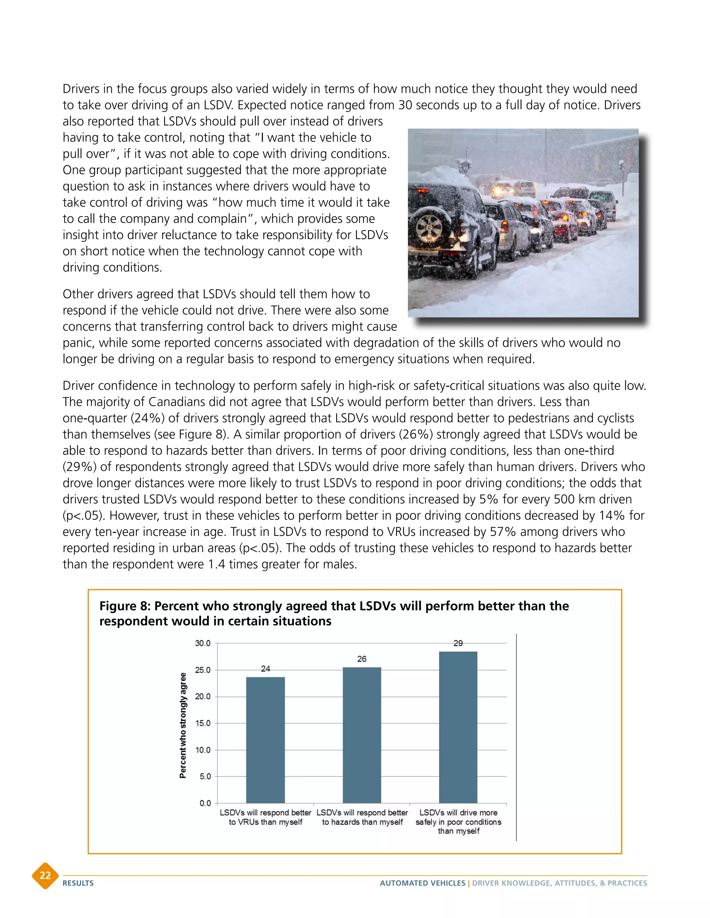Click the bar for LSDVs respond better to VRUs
pos(266,740)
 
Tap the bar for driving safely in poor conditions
pos(458,727)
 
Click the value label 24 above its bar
pos(266,669)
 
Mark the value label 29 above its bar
pos(458,643)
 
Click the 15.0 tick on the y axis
pos(202,723)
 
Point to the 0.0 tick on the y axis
pos(205,803)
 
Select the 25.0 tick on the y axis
pos(202,670)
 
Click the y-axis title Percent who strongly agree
pos(183,725)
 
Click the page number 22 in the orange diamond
pos(45,875)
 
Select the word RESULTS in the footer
pos(78,883)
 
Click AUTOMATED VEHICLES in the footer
pos(422,883)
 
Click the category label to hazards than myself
pos(362,822)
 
